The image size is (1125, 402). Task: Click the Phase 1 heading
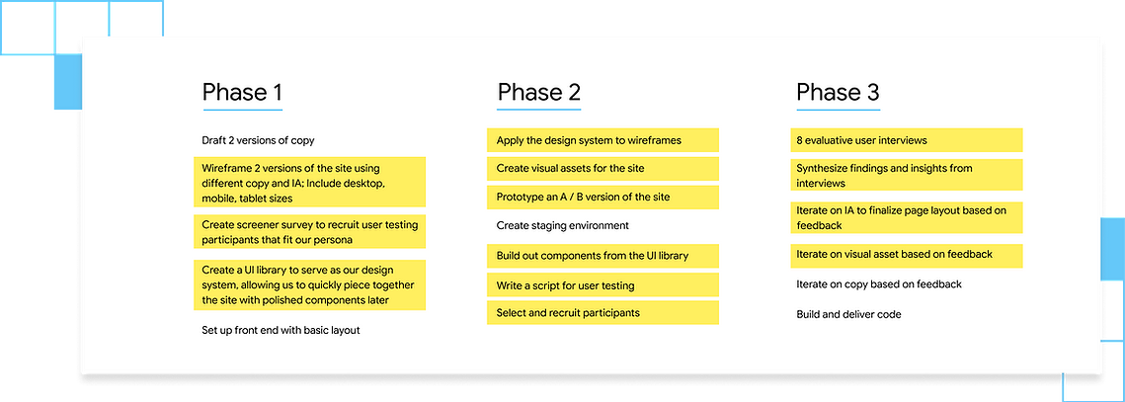tap(243, 93)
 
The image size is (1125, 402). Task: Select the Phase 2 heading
tap(539, 93)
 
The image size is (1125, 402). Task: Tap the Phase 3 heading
tap(838, 93)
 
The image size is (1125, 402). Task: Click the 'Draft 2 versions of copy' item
tap(259, 140)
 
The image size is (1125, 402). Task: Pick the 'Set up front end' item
tap(281, 330)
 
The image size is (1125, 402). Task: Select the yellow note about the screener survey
tap(310, 232)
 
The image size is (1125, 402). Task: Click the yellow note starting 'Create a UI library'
tap(310, 285)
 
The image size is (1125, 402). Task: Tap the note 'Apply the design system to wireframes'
tap(603, 140)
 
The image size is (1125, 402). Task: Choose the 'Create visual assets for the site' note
tap(603, 169)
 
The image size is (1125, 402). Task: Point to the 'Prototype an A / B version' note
tap(603, 197)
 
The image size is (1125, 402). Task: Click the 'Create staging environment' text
tap(563, 225)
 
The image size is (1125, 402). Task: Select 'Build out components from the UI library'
tap(603, 256)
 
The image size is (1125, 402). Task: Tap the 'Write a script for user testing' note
tap(603, 285)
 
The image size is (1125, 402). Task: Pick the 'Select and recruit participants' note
tap(603, 312)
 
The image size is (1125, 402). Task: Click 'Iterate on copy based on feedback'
tap(879, 284)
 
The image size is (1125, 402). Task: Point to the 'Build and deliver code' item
tap(848, 314)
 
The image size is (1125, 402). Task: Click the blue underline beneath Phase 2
tap(539, 110)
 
